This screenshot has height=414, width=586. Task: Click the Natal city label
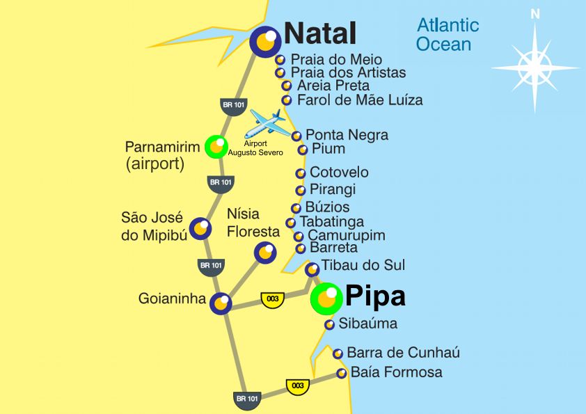click(320, 33)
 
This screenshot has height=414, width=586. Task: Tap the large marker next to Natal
click(264, 42)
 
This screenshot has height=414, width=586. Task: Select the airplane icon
click(268, 122)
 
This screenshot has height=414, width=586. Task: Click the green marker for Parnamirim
click(216, 147)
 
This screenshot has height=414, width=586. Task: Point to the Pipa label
click(375, 297)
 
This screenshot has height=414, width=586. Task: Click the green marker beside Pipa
click(326, 298)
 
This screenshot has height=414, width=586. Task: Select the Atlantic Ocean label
click(448, 35)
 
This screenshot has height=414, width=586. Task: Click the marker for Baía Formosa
click(342, 374)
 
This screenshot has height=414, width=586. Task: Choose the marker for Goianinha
click(221, 303)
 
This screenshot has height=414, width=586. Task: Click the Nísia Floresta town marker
click(266, 252)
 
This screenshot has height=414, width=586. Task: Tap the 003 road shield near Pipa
click(273, 298)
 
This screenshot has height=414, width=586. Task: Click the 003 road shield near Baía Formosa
click(297, 385)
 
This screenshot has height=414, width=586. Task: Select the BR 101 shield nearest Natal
click(233, 105)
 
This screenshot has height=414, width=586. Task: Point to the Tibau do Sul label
click(363, 265)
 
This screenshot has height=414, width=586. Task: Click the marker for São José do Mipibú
click(200, 228)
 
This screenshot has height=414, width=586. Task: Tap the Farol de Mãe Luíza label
click(359, 100)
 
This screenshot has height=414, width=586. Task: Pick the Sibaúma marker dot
click(330, 324)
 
